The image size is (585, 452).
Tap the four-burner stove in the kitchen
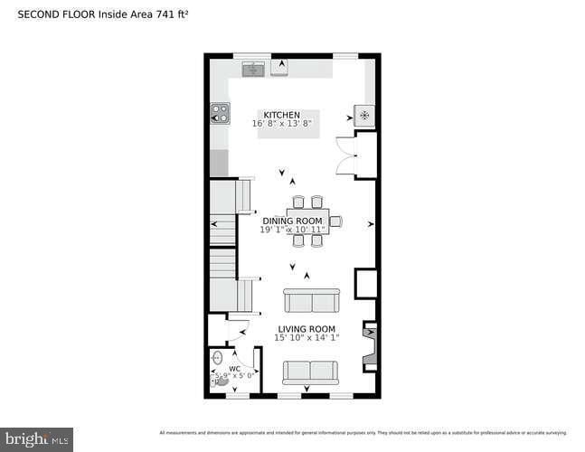click(220, 113)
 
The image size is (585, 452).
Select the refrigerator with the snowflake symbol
click(364, 116)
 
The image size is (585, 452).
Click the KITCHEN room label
click(280, 115)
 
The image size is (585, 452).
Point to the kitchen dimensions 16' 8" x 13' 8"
click(282, 124)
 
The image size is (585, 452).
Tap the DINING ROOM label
click(292, 221)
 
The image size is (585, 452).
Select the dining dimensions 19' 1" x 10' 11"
click(292, 230)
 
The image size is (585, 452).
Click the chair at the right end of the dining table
click(335, 221)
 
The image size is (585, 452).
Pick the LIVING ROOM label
click(307, 329)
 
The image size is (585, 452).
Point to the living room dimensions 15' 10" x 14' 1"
click(307, 338)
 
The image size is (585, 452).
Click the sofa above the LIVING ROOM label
click(311, 300)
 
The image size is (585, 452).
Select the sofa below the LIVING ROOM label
click(310, 372)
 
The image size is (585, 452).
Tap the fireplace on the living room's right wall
click(369, 347)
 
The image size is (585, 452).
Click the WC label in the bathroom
click(234, 369)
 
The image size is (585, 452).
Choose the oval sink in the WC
click(217, 359)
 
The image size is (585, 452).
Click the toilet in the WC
click(220, 381)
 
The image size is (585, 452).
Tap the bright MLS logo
click(36, 439)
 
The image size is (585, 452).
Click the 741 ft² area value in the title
click(169, 14)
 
